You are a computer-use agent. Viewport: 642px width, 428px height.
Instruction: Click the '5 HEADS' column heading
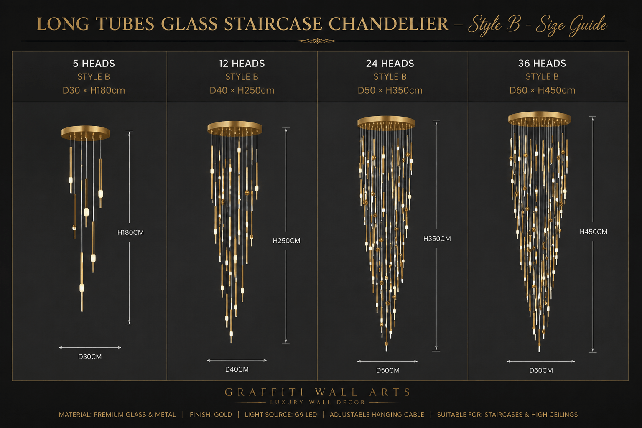[x=94, y=64]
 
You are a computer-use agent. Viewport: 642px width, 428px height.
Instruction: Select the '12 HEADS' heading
[x=242, y=64]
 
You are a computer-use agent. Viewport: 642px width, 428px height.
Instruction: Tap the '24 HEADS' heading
[x=390, y=64]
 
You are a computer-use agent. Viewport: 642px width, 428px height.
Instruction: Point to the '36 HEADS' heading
[x=542, y=64]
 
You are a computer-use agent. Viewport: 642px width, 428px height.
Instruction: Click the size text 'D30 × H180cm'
[x=94, y=90]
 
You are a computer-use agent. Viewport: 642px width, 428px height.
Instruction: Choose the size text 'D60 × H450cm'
[x=542, y=90]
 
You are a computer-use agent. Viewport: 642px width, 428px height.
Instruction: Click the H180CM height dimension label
[x=130, y=232]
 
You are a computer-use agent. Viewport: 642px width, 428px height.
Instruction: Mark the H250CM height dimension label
[x=286, y=241]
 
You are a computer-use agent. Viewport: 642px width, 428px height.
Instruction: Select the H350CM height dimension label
[x=437, y=239]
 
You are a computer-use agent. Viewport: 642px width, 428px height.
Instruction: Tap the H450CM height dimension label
[x=593, y=232]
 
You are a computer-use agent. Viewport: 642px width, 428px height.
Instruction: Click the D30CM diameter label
[x=90, y=357]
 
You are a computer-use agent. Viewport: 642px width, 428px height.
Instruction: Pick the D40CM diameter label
[x=237, y=369]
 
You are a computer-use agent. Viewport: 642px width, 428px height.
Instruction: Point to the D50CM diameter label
[x=387, y=370]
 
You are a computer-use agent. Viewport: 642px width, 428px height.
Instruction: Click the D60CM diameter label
[x=541, y=370]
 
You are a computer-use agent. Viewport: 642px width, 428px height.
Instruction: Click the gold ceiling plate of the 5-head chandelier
[x=85, y=132]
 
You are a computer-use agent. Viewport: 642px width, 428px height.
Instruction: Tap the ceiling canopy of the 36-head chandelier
[x=539, y=119]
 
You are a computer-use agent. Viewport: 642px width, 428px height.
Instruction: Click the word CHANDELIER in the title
[x=388, y=24]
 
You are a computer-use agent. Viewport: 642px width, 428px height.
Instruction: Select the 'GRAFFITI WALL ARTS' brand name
[x=318, y=392]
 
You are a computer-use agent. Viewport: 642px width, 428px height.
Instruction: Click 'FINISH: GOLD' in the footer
[x=211, y=415]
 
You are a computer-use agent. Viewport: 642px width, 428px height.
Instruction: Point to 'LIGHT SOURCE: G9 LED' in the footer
[x=281, y=415]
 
